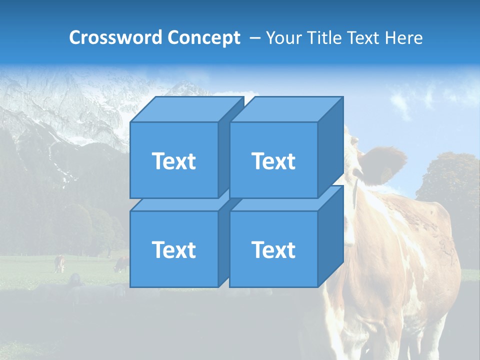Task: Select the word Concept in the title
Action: coord(203,38)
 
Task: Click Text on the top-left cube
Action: coord(174,161)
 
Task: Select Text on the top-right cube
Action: coord(273,161)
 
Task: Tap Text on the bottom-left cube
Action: coord(174,249)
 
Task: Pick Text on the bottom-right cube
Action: coord(273,249)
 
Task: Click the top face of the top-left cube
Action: coord(186,109)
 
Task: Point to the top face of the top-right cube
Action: coord(286,109)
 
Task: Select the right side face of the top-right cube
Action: coord(330,145)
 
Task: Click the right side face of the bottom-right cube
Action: coord(330,235)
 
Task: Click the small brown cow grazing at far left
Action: coord(59,263)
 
